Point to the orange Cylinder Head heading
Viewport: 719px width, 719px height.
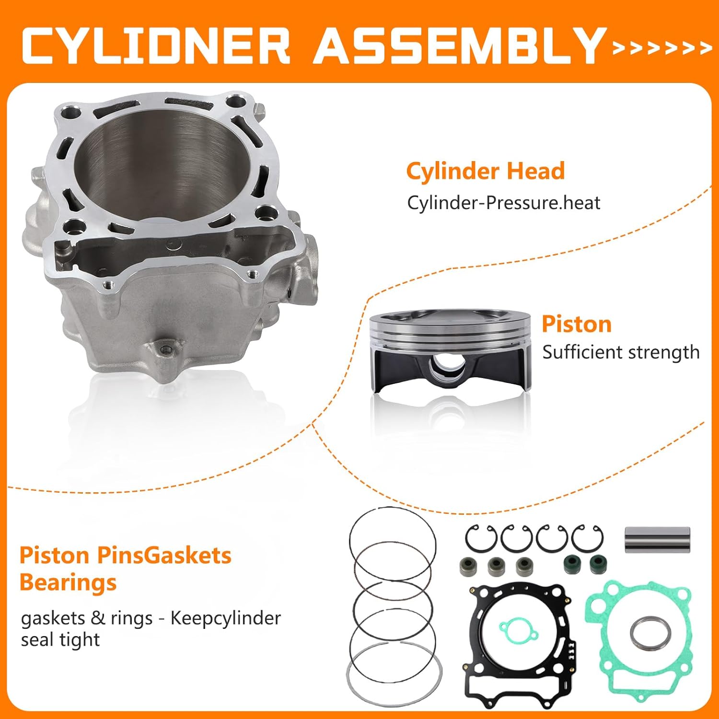tap(485, 171)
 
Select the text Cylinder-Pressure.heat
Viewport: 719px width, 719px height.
tap(503, 203)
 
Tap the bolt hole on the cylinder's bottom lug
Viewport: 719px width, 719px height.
tap(166, 349)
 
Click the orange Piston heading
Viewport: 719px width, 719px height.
tap(577, 325)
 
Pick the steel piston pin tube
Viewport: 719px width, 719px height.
tap(657, 540)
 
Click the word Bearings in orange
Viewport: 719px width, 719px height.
tap(68, 583)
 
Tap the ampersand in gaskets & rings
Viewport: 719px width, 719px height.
tap(98, 618)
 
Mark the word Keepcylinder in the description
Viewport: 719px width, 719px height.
tap(225, 618)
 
